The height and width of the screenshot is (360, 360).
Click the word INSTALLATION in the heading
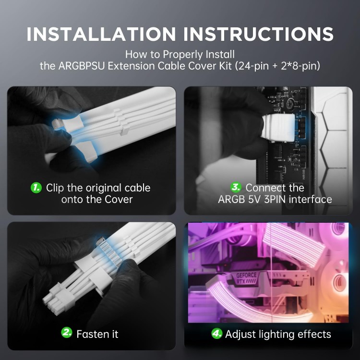(x=101, y=34)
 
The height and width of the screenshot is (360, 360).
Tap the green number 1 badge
(x=36, y=188)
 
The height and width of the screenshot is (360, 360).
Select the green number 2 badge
(x=67, y=333)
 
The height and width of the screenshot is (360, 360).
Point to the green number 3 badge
(x=236, y=188)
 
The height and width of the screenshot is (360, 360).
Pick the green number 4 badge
(x=217, y=334)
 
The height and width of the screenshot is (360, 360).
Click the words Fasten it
(x=97, y=334)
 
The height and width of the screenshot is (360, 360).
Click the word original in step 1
(x=102, y=188)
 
